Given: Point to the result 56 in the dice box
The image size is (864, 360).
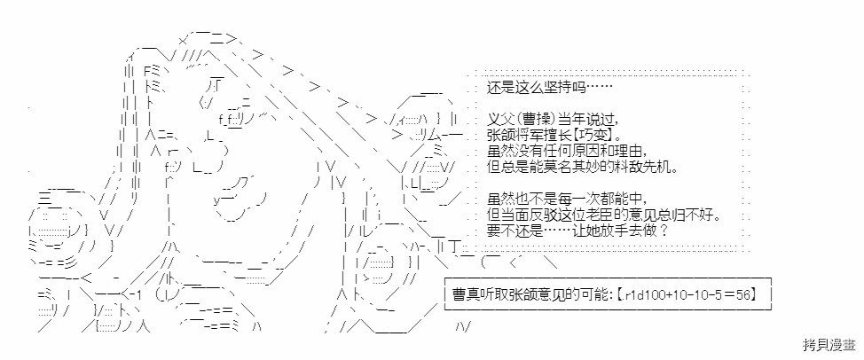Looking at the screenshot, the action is (x=742, y=295).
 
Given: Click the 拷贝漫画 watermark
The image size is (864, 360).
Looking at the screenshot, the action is (x=829, y=345).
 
